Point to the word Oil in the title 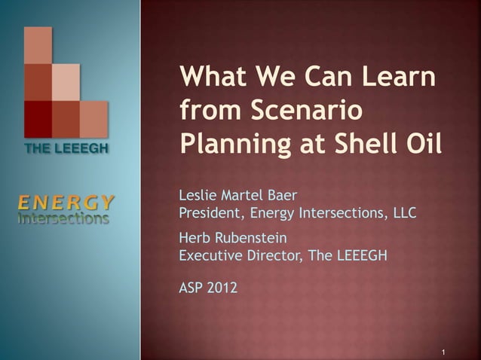coord(416,142)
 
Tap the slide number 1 coord(445,352)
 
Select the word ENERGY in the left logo coord(66,202)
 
